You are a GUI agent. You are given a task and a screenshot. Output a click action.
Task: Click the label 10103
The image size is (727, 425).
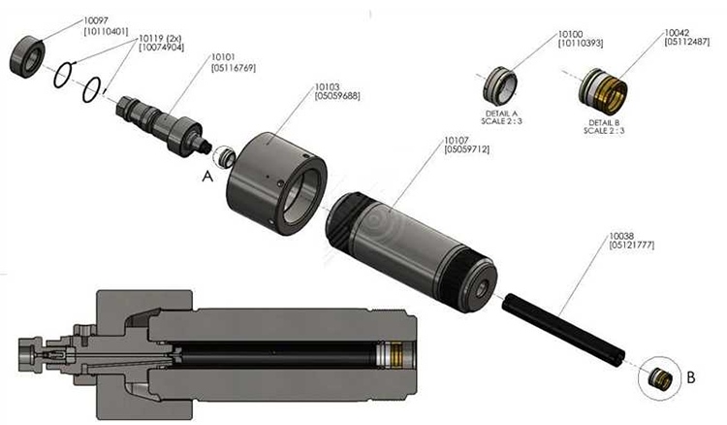(327, 86)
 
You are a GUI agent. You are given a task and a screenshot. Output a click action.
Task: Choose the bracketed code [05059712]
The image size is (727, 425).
(466, 150)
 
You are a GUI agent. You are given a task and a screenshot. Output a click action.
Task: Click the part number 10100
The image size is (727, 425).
(571, 33)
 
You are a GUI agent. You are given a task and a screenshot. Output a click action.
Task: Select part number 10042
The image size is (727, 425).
(677, 33)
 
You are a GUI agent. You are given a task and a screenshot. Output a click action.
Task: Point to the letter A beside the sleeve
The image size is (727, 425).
(205, 178)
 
